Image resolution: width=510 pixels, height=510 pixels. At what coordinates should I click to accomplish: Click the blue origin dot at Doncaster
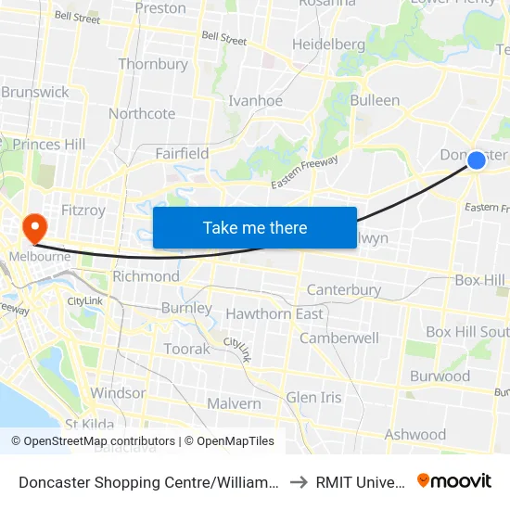[x=476, y=160]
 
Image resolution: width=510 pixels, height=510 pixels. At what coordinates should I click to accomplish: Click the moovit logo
[x=454, y=480]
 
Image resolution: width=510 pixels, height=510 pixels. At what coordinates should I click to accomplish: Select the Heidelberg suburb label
[x=328, y=45]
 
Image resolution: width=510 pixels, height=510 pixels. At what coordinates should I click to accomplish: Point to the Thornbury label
[x=153, y=65]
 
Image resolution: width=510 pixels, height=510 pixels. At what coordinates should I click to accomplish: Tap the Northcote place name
[x=142, y=114]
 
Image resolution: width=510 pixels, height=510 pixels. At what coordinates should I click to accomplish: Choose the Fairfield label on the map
[x=182, y=153]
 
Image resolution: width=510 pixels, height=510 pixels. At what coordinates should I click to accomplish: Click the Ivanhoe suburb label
[x=255, y=100]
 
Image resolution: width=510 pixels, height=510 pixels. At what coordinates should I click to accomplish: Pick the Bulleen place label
[x=376, y=100]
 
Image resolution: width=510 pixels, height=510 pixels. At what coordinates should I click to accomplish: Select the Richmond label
[x=146, y=276]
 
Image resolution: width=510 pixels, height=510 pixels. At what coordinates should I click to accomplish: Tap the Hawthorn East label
[x=274, y=313]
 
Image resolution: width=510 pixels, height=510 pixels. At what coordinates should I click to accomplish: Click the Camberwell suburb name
[x=338, y=338]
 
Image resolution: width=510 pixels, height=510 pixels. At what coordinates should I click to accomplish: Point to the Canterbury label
[x=343, y=289]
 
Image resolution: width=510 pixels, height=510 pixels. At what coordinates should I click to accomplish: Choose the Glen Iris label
[x=313, y=397]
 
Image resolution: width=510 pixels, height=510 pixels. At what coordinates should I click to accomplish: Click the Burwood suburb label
[x=440, y=376]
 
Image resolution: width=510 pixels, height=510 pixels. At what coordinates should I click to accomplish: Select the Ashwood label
[x=415, y=434]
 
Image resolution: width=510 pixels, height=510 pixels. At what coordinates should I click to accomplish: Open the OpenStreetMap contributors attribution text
[x=93, y=441]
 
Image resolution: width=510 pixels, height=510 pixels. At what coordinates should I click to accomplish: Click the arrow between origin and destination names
[x=298, y=482]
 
